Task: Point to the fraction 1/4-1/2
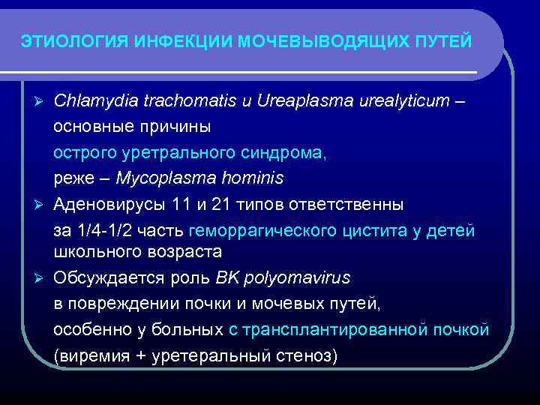[x=115, y=230]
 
